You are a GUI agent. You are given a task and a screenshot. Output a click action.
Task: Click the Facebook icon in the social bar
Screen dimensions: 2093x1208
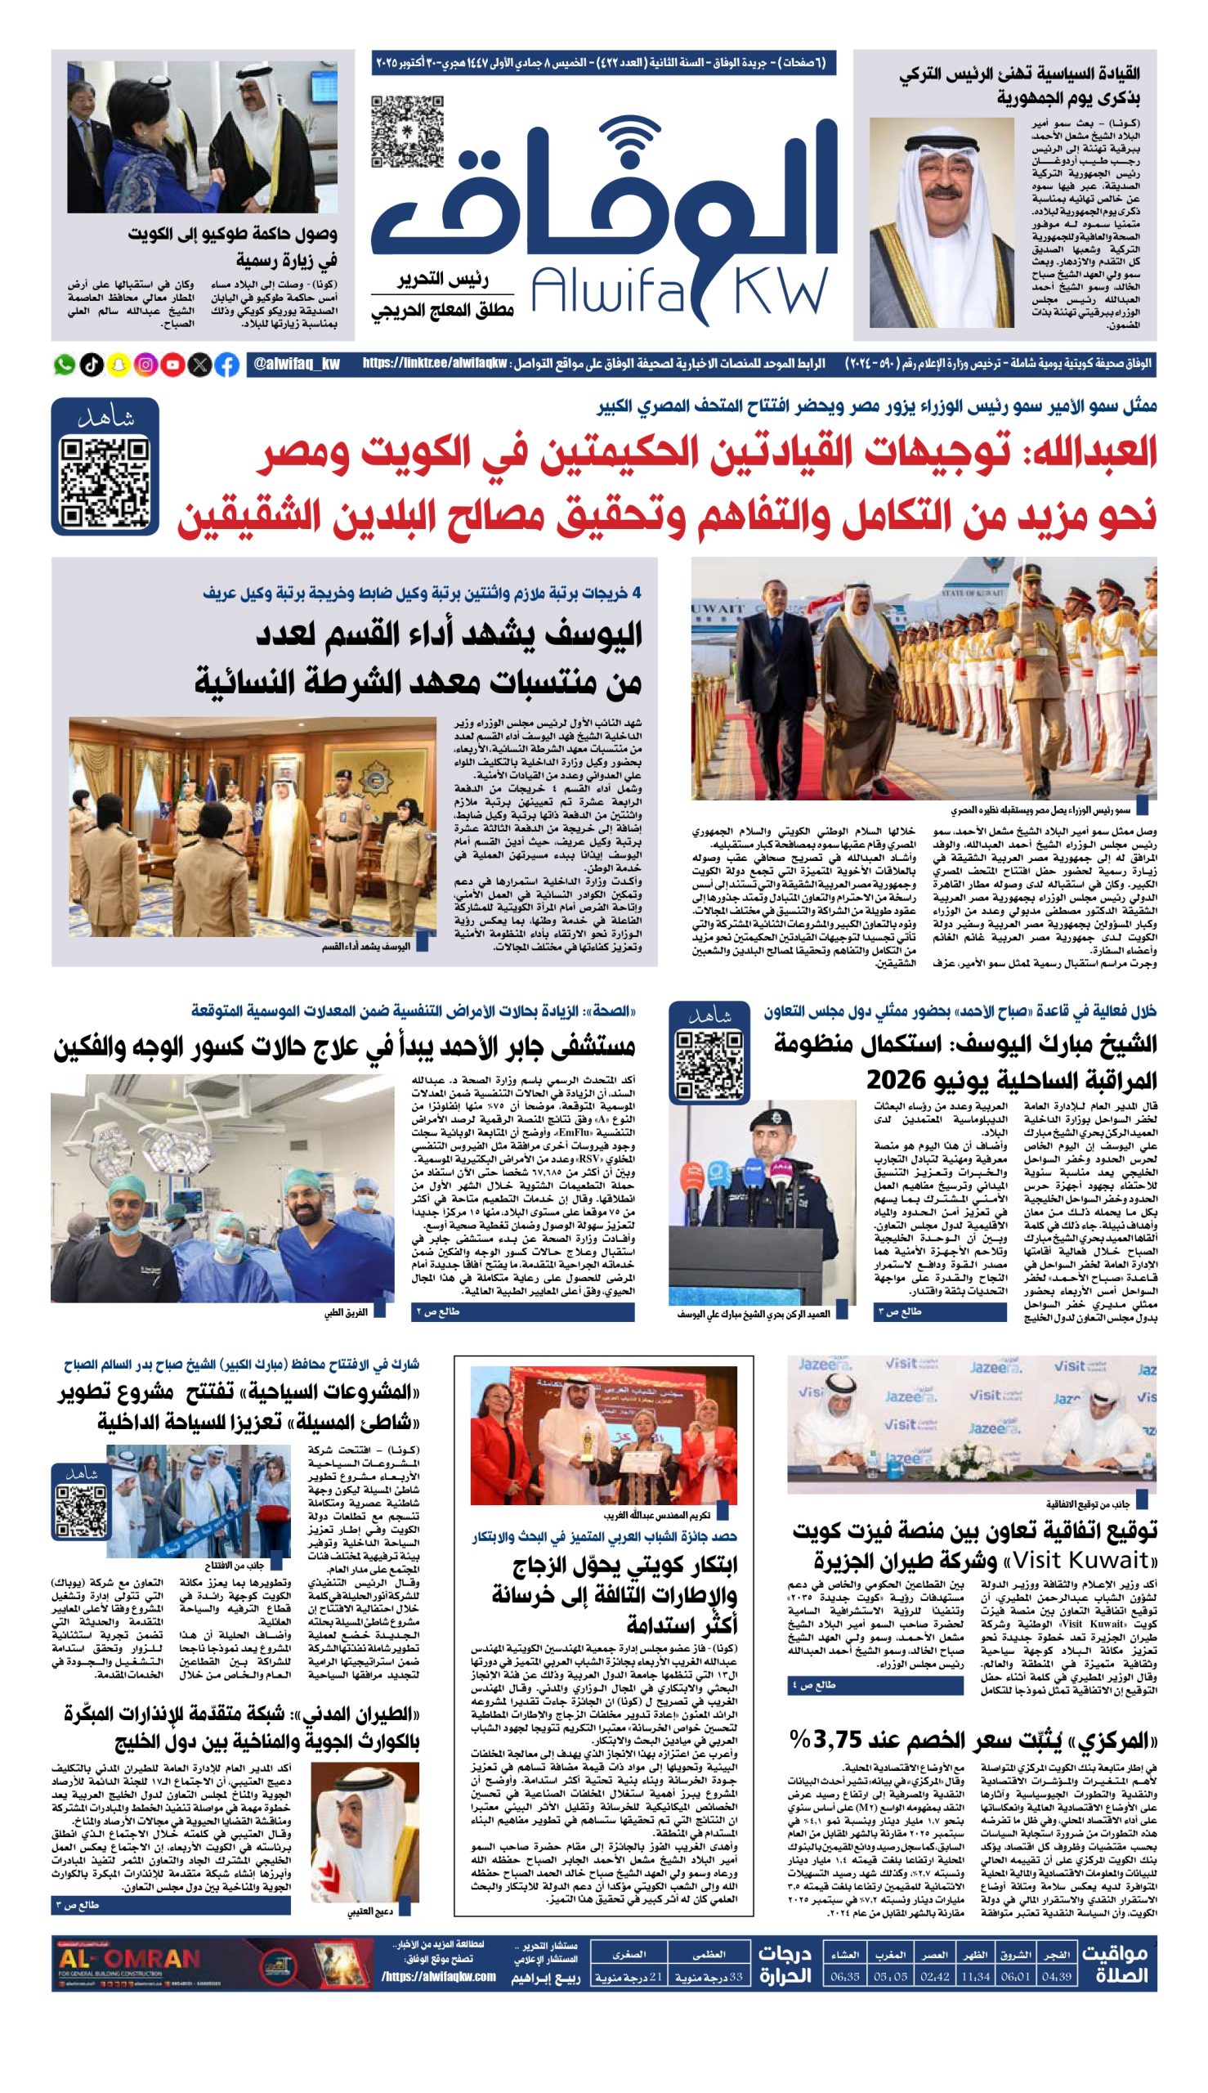pos(226,365)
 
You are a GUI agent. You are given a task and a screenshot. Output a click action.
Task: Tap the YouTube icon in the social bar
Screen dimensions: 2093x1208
pos(172,365)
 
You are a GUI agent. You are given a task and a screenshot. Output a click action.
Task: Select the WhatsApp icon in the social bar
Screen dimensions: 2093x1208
pos(64,365)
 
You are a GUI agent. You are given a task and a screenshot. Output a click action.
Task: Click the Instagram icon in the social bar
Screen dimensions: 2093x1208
pos(145,365)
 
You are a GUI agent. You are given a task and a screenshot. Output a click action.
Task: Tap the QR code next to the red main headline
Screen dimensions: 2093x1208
pos(105,483)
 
